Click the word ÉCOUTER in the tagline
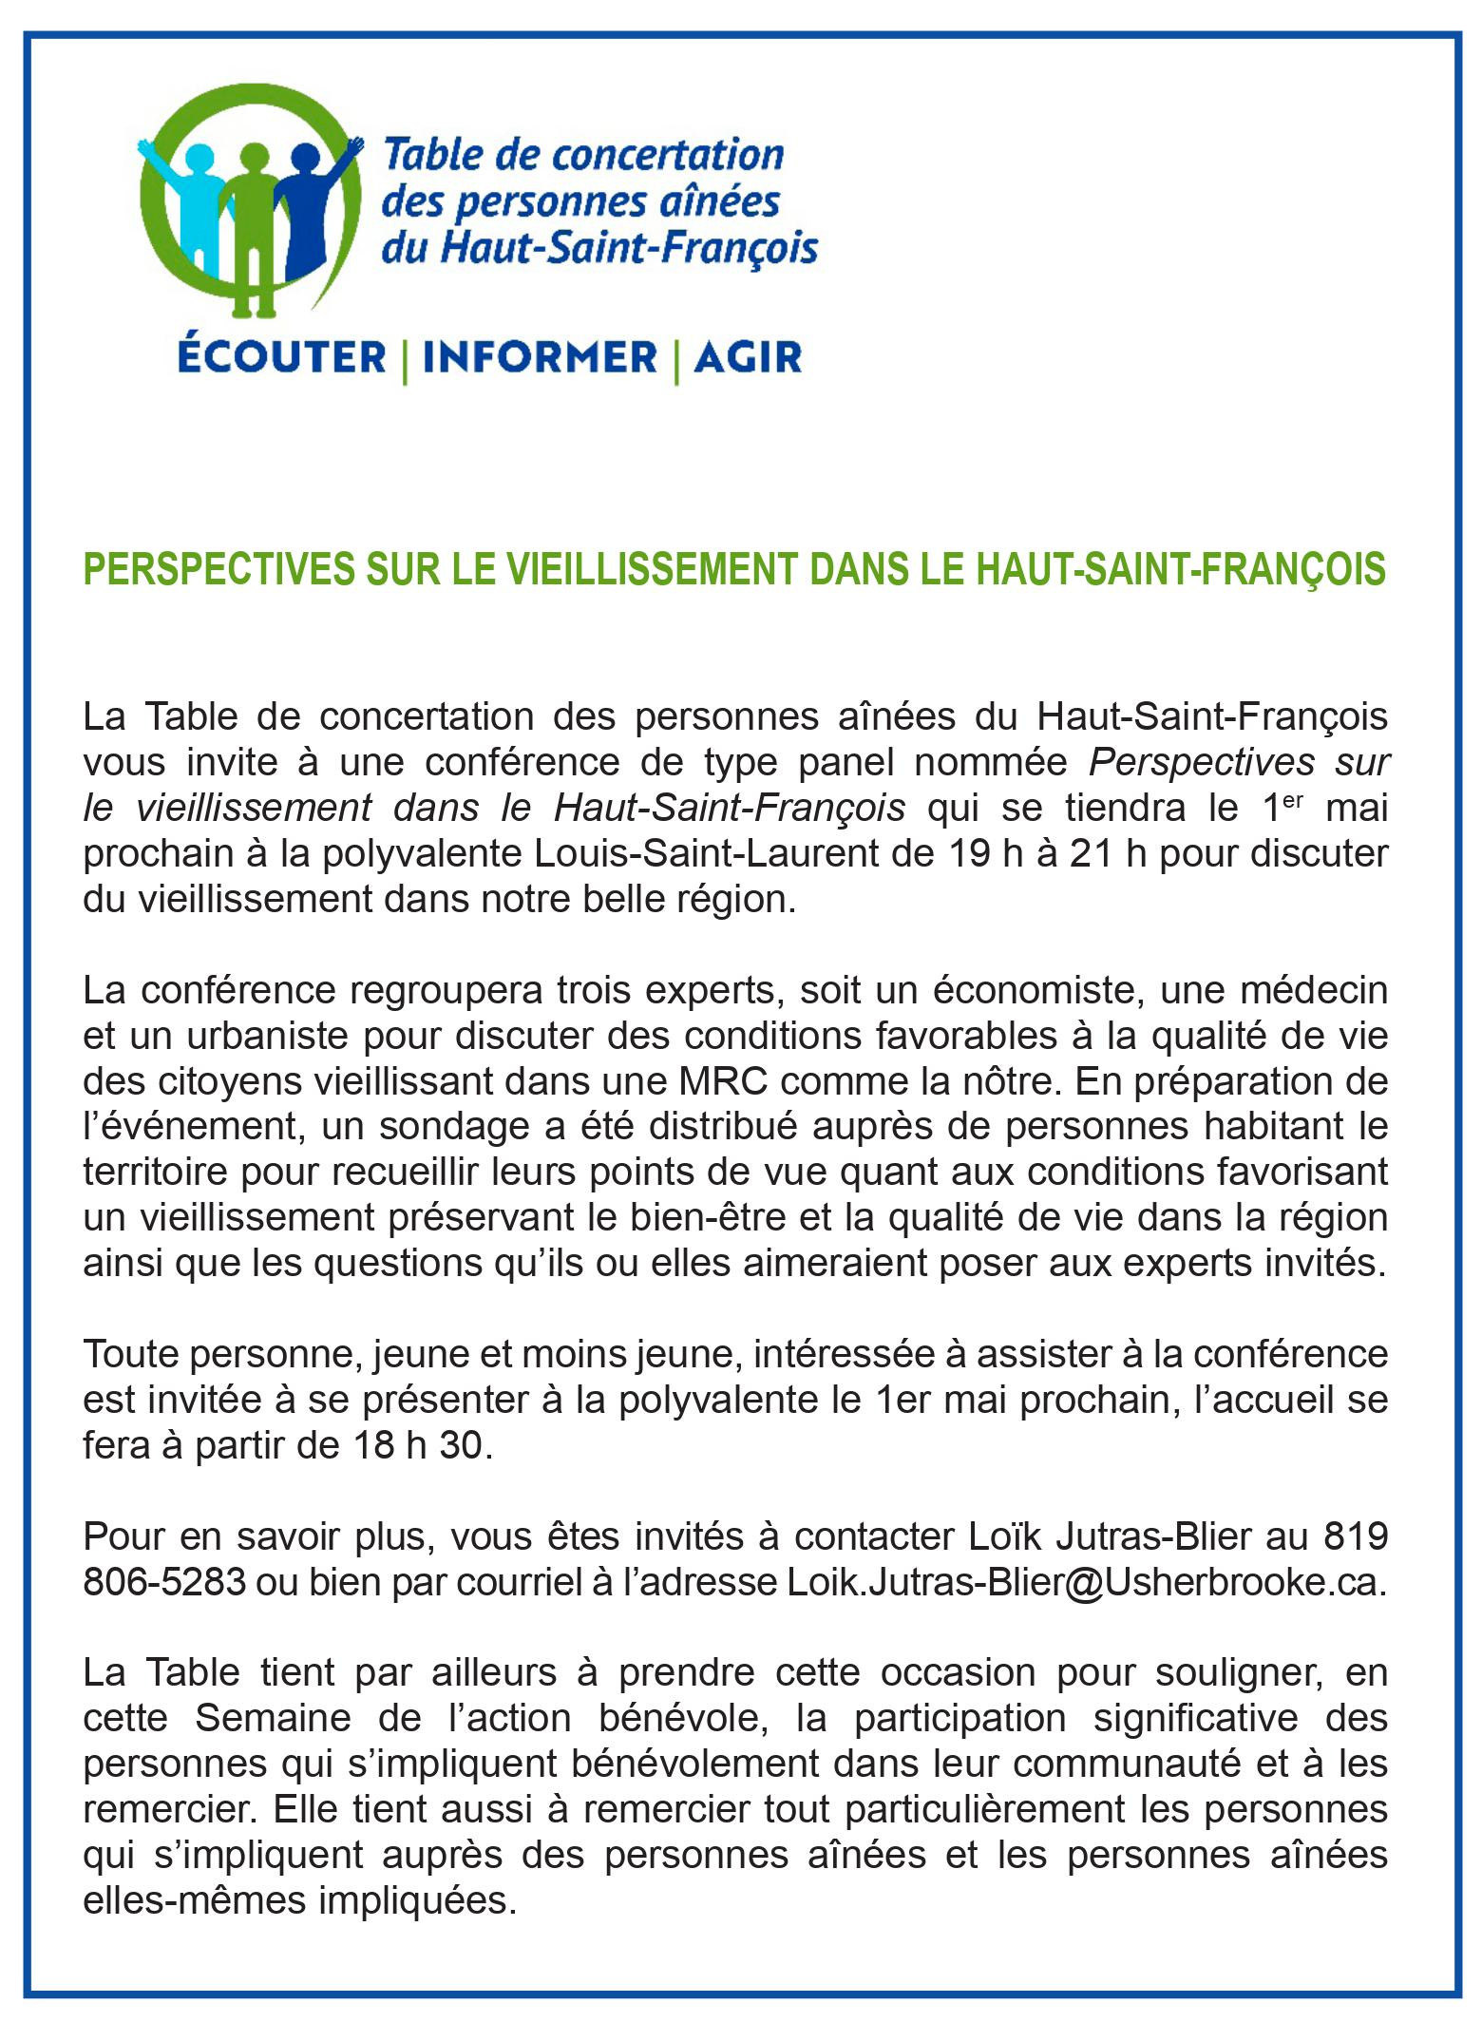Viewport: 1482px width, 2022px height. [x=281, y=357]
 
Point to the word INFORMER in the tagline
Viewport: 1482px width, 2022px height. [x=540, y=357]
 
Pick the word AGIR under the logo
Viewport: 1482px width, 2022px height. [x=748, y=357]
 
